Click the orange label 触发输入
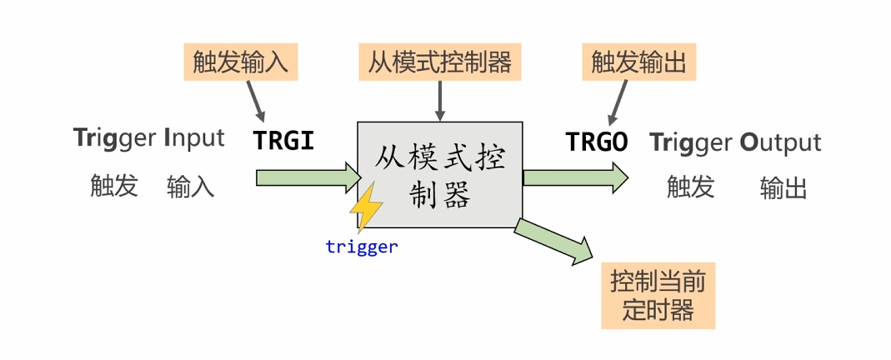pyautogui.click(x=240, y=62)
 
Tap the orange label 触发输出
pyautogui.click(x=638, y=62)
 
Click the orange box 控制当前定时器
pyautogui.click(x=658, y=297)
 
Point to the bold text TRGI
pyautogui.click(x=283, y=141)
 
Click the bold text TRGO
pyautogui.click(x=597, y=142)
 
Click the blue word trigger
pyautogui.click(x=361, y=247)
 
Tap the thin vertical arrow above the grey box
pyautogui.click(x=438, y=102)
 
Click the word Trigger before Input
pyautogui.click(x=113, y=139)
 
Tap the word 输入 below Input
pyautogui.click(x=190, y=187)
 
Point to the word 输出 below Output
pyautogui.click(x=783, y=188)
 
